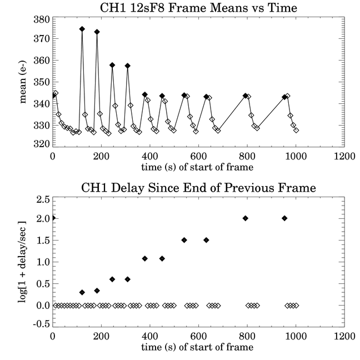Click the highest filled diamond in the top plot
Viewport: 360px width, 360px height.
(x=82, y=29)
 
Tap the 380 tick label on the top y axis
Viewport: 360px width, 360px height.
(x=42, y=19)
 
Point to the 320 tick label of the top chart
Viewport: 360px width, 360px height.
(x=42, y=144)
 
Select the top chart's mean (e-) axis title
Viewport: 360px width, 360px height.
(x=23, y=82)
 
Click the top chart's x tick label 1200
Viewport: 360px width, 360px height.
(x=344, y=156)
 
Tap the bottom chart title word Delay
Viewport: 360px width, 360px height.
(x=128, y=188)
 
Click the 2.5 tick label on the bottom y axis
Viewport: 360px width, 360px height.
(x=43, y=200)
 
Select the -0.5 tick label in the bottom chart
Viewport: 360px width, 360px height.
(x=41, y=324)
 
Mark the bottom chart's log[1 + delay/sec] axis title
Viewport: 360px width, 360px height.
(x=22, y=262)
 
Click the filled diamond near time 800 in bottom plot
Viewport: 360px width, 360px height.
(x=246, y=218)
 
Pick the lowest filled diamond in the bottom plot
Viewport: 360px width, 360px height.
(x=82, y=292)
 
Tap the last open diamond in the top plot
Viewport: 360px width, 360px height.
(x=296, y=130)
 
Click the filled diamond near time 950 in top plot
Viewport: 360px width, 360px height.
(x=284, y=97)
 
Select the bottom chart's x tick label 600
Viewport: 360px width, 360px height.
(x=198, y=336)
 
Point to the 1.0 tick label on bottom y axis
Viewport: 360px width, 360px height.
(x=43, y=262)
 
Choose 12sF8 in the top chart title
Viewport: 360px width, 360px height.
(x=146, y=8)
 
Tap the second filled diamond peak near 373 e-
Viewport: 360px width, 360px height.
(x=97, y=32)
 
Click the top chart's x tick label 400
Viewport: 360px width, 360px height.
(x=149, y=156)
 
